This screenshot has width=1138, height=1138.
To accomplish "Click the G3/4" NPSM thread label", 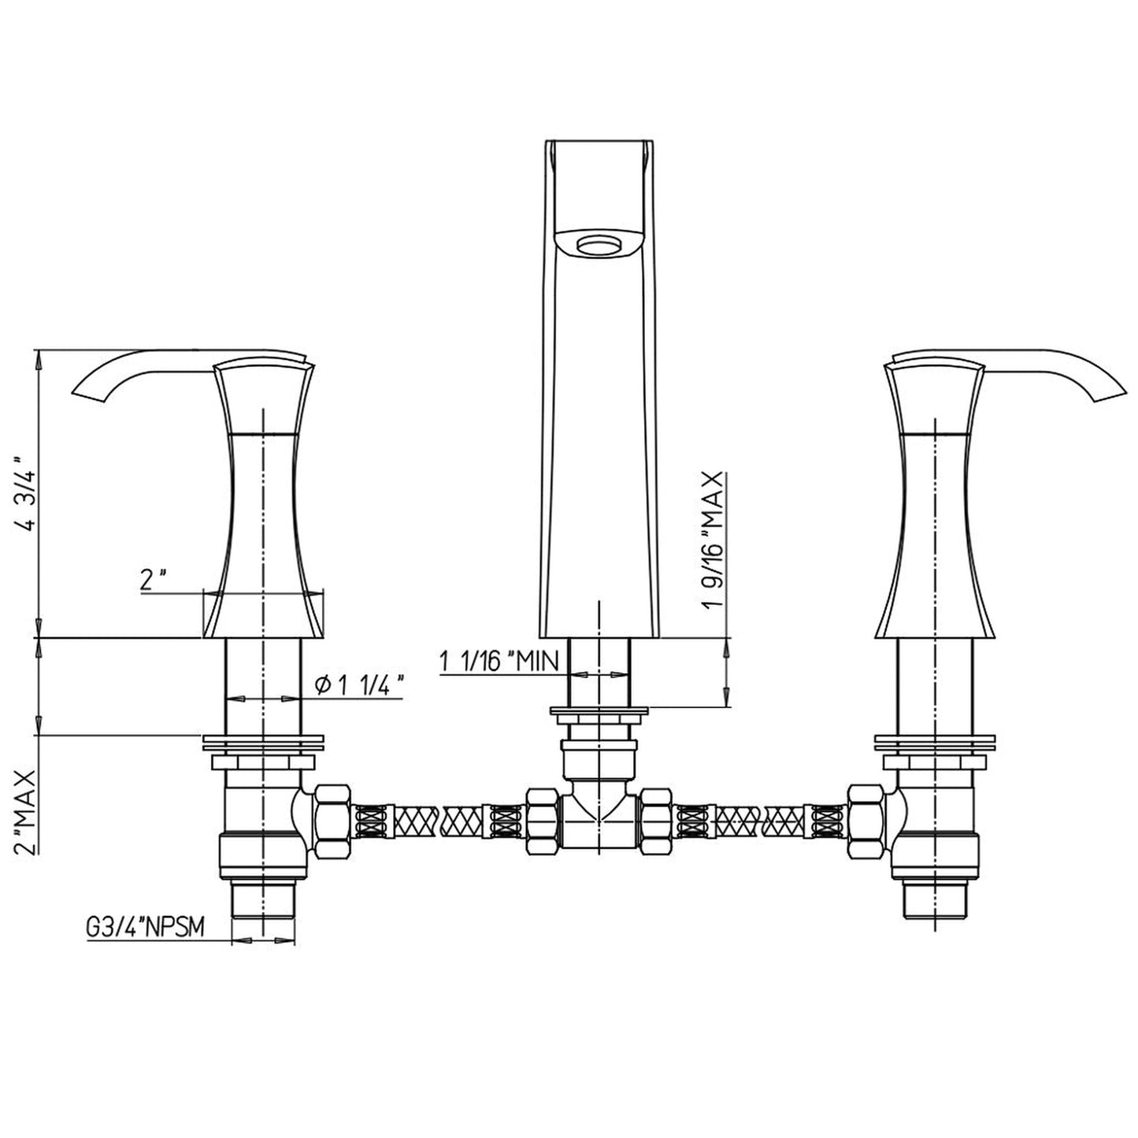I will tap(145, 929).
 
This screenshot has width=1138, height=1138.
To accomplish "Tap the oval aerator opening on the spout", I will tap(599, 245).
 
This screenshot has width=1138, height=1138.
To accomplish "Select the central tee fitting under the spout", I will tap(599, 819).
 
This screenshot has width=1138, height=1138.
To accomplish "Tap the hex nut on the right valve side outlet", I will tap(866, 823).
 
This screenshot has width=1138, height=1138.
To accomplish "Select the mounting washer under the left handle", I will tap(263, 742).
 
